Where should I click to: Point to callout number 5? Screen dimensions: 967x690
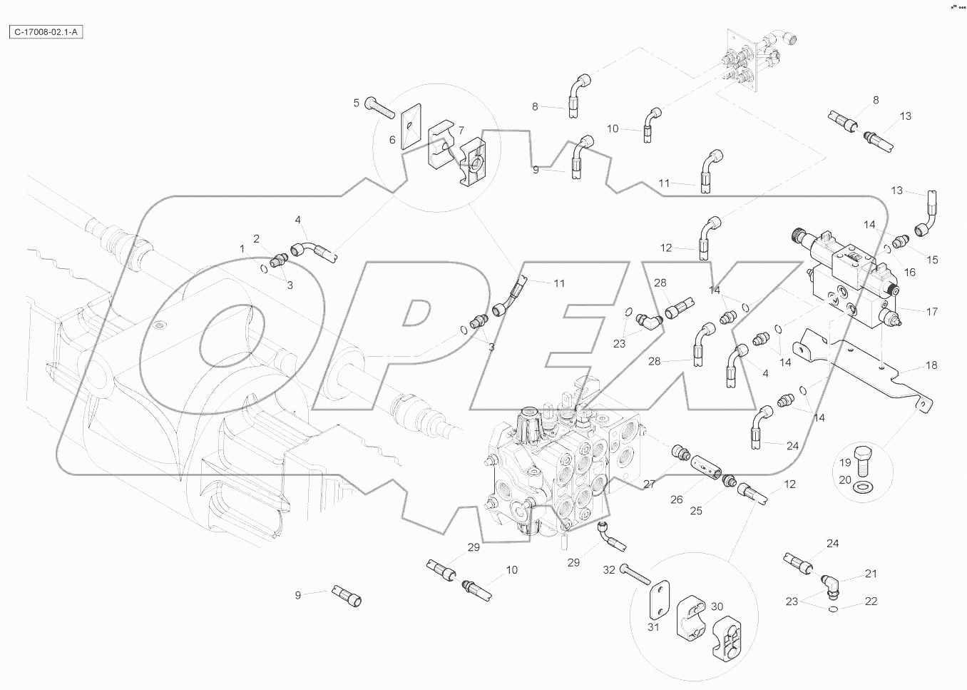click(357, 103)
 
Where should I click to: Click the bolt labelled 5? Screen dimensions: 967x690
click(380, 108)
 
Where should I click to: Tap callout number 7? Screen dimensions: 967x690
click(461, 130)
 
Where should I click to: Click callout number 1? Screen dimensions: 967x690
click(242, 248)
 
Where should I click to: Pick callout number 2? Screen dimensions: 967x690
click(256, 238)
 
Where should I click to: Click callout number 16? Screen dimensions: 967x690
click(910, 272)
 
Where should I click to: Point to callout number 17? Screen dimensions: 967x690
click(931, 311)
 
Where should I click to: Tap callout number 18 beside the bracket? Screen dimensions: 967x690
click(931, 365)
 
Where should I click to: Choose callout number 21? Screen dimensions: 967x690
click(871, 574)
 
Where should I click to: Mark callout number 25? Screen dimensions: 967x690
click(696, 510)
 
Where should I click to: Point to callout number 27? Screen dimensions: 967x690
click(649, 484)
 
